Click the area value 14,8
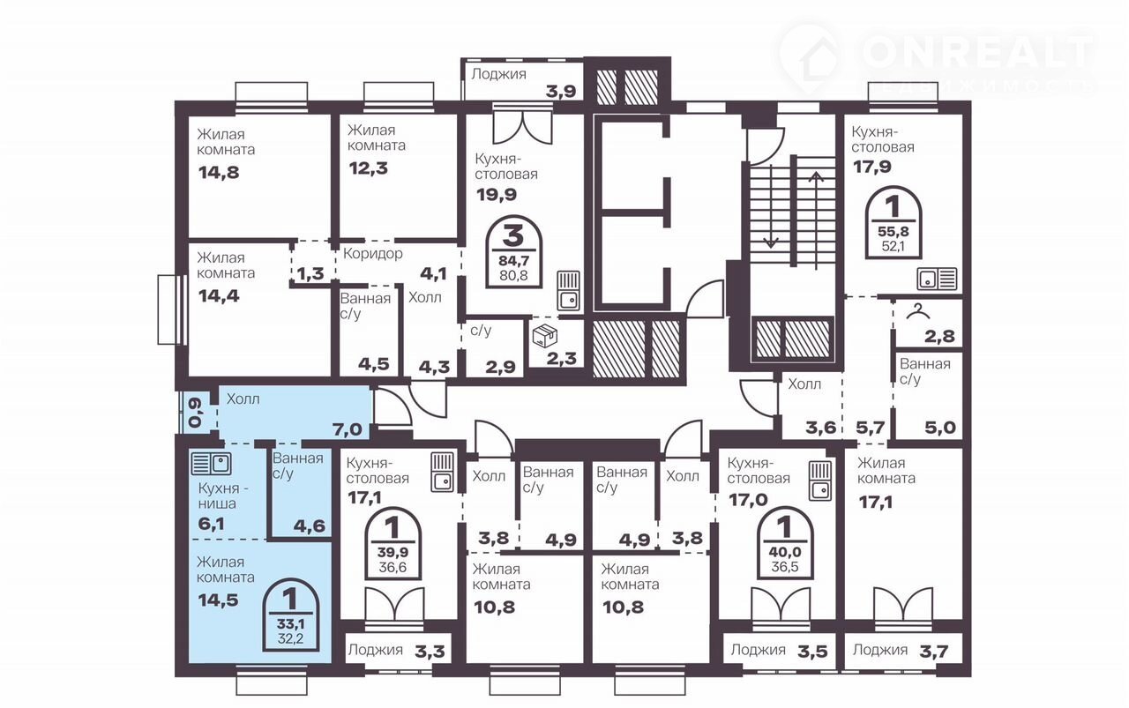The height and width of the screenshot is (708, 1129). tap(219, 173)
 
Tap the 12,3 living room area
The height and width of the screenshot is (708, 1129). tap(369, 168)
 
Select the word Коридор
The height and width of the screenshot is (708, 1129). tap(373, 253)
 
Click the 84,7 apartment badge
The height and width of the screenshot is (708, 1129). tap(513, 252)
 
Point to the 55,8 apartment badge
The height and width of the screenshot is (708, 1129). tap(893, 223)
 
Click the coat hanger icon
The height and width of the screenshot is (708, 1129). tap(919, 312)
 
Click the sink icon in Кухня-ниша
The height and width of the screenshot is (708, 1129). tap(211, 463)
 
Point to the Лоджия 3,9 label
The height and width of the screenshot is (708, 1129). tap(524, 82)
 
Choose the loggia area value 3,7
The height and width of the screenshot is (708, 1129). tap(933, 652)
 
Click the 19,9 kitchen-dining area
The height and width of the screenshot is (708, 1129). tap(497, 195)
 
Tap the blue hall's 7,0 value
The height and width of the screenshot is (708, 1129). tap(348, 429)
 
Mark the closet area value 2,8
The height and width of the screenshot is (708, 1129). tap(939, 336)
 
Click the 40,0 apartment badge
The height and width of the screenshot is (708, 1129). tap(785, 543)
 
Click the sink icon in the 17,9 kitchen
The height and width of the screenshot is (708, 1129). tap(937, 279)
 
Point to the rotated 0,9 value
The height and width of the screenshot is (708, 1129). tap(195, 413)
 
